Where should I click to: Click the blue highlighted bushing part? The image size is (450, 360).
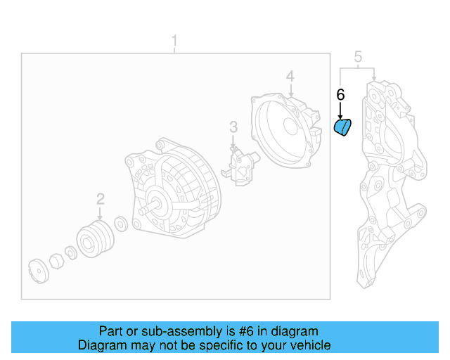[342, 129]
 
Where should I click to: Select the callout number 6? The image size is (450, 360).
[340, 94]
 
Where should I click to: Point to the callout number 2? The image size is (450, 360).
[101, 199]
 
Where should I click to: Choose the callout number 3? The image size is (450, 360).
[234, 127]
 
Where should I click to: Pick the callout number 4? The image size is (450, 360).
[290, 77]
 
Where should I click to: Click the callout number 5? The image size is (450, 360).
[358, 57]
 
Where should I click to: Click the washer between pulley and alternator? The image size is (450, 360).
[120, 224]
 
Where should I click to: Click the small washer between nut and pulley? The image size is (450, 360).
[72, 252]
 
